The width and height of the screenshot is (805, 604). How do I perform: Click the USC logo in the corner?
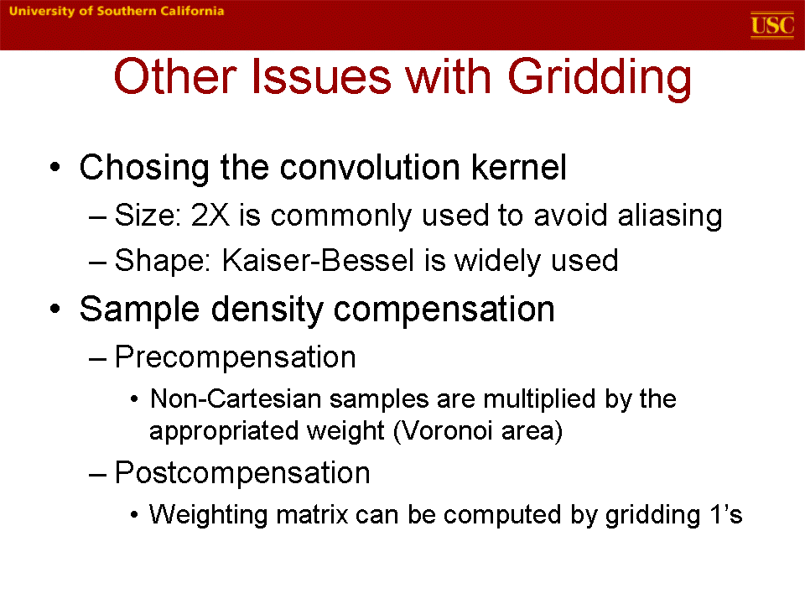pos(772,24)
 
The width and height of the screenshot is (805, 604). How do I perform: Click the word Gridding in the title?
pos(600,78)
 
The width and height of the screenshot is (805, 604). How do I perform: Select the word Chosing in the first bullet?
pos(144,168)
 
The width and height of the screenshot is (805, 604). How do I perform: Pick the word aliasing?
pos(670,216)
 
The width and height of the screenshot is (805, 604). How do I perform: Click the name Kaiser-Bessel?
pos(318,260)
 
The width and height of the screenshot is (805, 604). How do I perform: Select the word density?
pos(267,310)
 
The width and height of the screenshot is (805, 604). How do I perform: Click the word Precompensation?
pos(235,357)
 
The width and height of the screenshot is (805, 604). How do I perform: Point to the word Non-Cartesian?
pos(235,398)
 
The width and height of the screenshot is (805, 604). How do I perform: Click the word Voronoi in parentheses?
pos(444,431)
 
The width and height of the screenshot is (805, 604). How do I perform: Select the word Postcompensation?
pos(242,473)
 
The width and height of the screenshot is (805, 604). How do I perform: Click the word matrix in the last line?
pos(312,514)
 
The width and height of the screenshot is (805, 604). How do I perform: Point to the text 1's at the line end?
pos(726,514)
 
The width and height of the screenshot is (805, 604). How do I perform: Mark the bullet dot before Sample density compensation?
pos(55,310)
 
